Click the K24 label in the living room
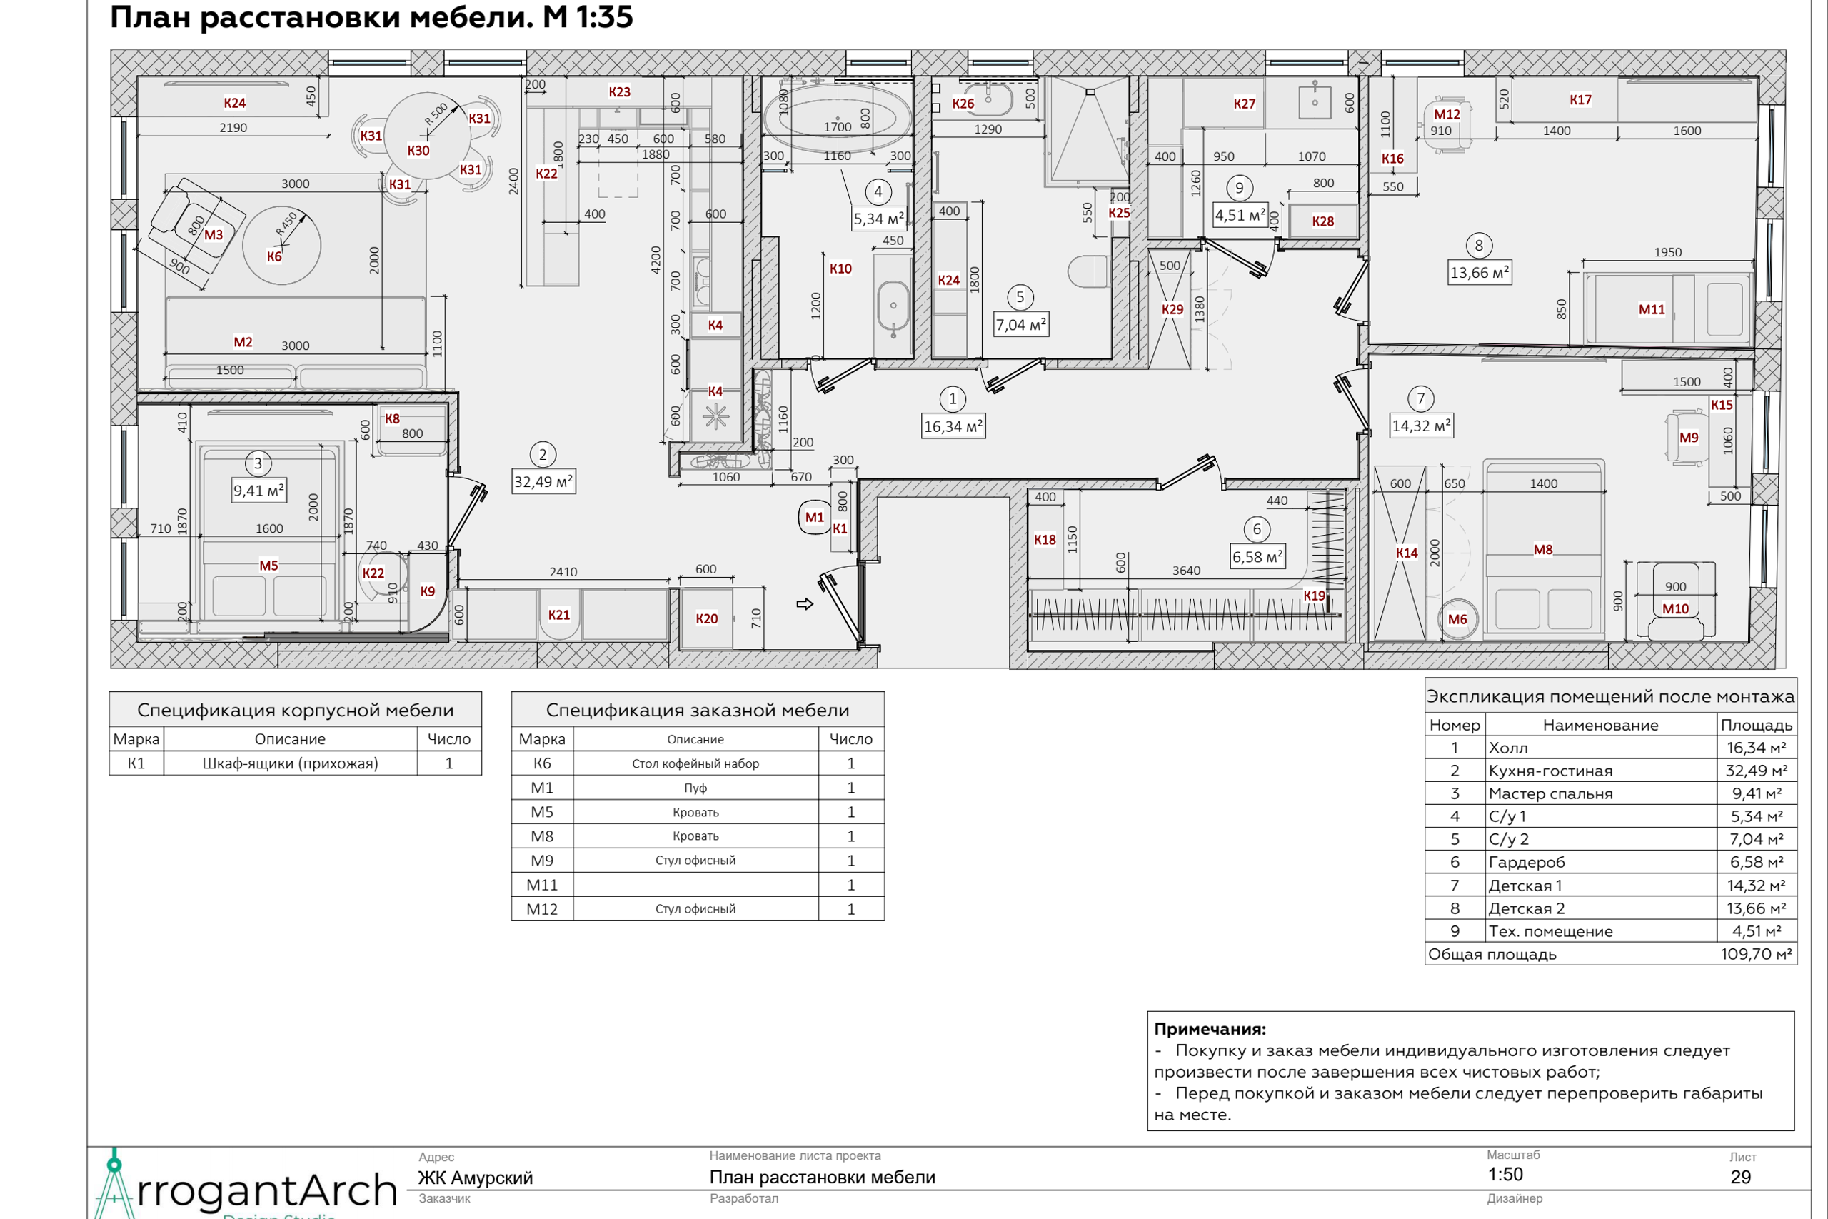[x=235, y=103]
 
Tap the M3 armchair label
[x=214, y=235]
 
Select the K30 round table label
[x=418, y=151]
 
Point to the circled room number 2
[x=543, y=455]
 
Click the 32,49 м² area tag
[x=543, y=482]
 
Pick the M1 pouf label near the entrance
[x=815, y=517]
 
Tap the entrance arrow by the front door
[x=805, y=604]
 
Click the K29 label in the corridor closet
[x=1172, y=309]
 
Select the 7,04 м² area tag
[x=1021, y=325]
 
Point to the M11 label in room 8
[x=1652, y=309]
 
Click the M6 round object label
[x=1457, y=620]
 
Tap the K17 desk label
[x=1580, y=99]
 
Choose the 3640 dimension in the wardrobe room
[x=1186, y=571]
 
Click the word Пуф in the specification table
[x=695, y=788]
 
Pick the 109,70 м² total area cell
[x=1757, y=954]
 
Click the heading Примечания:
[x=1210, y=1029]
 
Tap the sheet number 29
[x=1741, y=1177]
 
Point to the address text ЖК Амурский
[x=476, y=1178]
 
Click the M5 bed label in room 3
[x=269, y=565]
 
